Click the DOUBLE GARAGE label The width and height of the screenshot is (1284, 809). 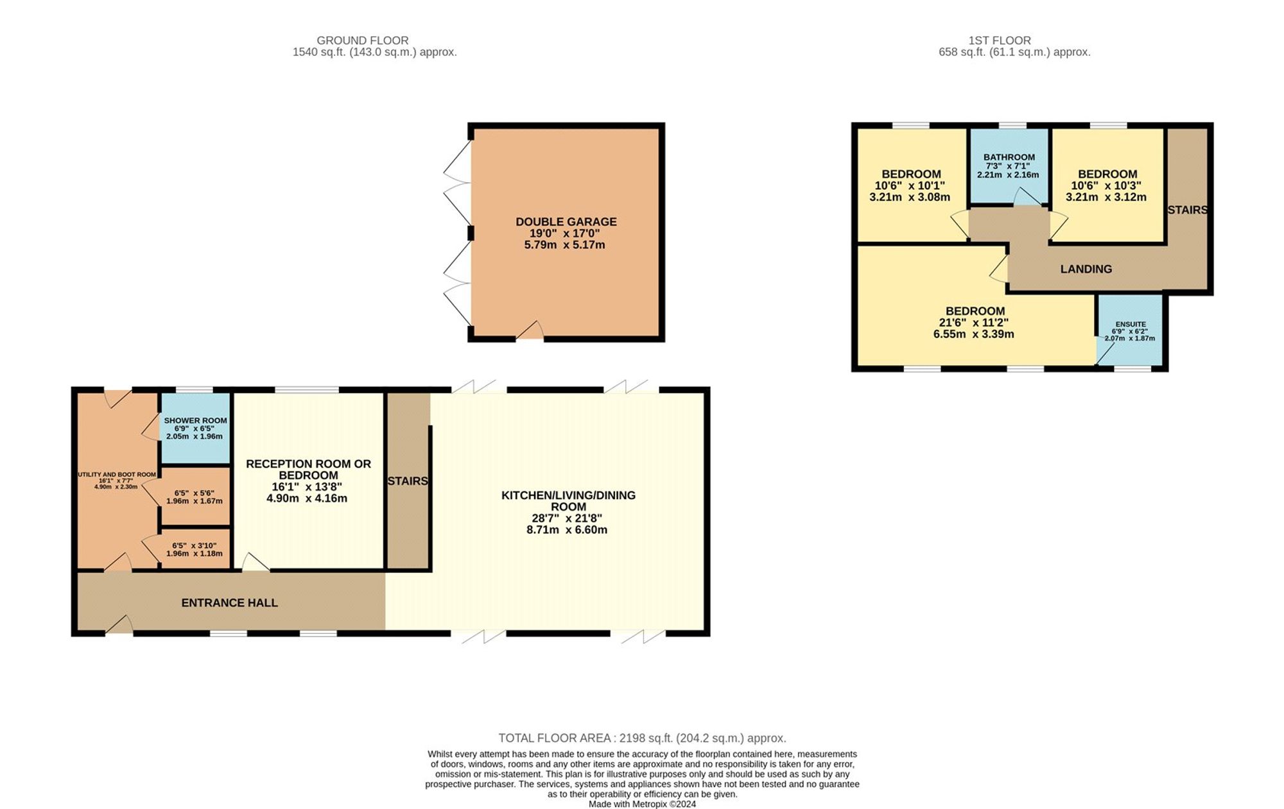566,222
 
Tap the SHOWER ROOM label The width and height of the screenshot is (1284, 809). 195,421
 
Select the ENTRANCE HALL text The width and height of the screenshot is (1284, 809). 229,603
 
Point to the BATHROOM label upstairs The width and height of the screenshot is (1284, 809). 1009,157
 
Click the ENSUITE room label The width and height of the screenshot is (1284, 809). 1130,325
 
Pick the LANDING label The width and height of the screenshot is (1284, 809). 1086,269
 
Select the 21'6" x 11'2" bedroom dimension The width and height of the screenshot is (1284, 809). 974,323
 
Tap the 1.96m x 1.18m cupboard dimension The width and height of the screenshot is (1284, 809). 195,554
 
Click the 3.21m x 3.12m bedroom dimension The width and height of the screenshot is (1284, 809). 1106,198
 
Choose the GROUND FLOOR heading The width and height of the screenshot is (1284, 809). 362,40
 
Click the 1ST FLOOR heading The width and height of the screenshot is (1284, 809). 1014,40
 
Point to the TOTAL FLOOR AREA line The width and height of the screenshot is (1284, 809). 642,738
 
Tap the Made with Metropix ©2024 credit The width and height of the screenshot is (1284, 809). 642,804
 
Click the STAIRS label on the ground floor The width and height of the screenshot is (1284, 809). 408,481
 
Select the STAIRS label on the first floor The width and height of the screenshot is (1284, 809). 1187,210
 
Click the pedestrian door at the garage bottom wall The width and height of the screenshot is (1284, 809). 530,332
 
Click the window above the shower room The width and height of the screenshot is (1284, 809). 195,389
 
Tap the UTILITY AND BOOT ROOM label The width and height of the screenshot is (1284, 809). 116,475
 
